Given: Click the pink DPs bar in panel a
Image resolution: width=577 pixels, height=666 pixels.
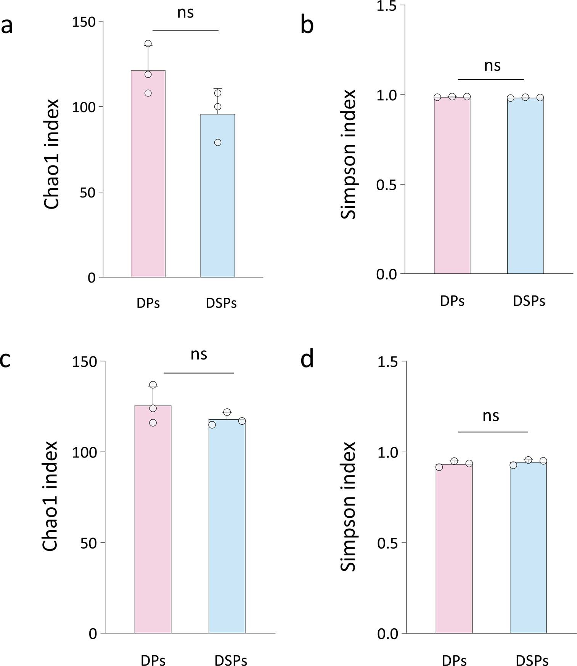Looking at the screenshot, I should point(148,175).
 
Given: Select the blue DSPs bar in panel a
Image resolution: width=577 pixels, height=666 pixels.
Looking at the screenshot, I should point(218,198).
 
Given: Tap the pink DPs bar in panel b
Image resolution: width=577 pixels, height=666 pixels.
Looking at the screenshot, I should point(452,187).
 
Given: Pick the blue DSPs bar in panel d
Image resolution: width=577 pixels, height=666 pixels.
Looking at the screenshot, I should point(528,549).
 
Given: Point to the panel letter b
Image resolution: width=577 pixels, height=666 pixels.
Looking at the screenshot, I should point(307,26).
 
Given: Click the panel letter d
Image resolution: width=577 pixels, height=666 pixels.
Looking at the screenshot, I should point(307,359).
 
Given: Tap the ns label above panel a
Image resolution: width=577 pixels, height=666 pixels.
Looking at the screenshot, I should point(186,13).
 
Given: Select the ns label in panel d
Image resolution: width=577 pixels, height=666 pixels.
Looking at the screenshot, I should point(491,416).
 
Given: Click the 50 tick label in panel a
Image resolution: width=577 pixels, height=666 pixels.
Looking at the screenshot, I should point(87,193).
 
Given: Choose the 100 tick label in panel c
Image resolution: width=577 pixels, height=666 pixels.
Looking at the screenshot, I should point(85,452).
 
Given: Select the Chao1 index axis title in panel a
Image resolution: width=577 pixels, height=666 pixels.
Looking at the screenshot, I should point(51,154).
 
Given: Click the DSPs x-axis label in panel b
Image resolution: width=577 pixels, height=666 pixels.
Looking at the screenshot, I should point(529,301).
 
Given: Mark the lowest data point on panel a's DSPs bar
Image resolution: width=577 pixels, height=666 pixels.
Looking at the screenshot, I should point(218,143).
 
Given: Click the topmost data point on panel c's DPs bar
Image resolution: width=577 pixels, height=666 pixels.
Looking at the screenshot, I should point(153,385).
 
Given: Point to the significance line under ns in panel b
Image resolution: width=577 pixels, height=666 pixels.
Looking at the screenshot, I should point(490,80).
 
